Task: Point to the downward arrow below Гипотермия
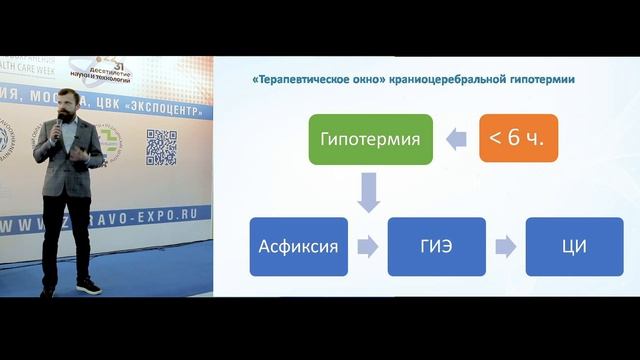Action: (x=369, y=190)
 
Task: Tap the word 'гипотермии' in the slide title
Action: (x=540, y=79)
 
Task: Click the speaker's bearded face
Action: (x=69, y=110)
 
